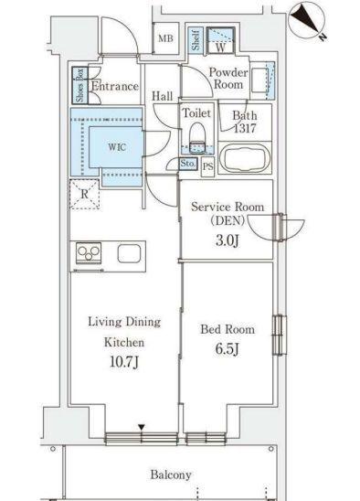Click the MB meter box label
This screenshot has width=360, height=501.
165,38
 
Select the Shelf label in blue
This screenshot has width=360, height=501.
196,40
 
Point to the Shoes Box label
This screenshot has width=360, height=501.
79,85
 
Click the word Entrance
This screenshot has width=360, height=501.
115,86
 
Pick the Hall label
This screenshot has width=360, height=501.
162,96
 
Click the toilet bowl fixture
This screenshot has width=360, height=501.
197,138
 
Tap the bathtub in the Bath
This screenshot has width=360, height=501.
245,158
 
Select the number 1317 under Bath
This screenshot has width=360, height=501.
245,128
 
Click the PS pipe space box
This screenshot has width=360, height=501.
207,166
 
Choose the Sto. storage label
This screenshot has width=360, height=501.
188,164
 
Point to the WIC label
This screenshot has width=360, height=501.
117,147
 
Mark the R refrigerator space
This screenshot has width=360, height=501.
84,194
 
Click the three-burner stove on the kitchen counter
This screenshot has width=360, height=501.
89,253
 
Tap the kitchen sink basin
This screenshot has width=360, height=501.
129,253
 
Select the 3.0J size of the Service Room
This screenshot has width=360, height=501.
228,241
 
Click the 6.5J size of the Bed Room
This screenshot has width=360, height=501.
228,348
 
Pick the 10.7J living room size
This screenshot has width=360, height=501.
124,362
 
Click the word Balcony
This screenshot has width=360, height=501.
171,474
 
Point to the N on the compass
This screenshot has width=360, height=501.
323,37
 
